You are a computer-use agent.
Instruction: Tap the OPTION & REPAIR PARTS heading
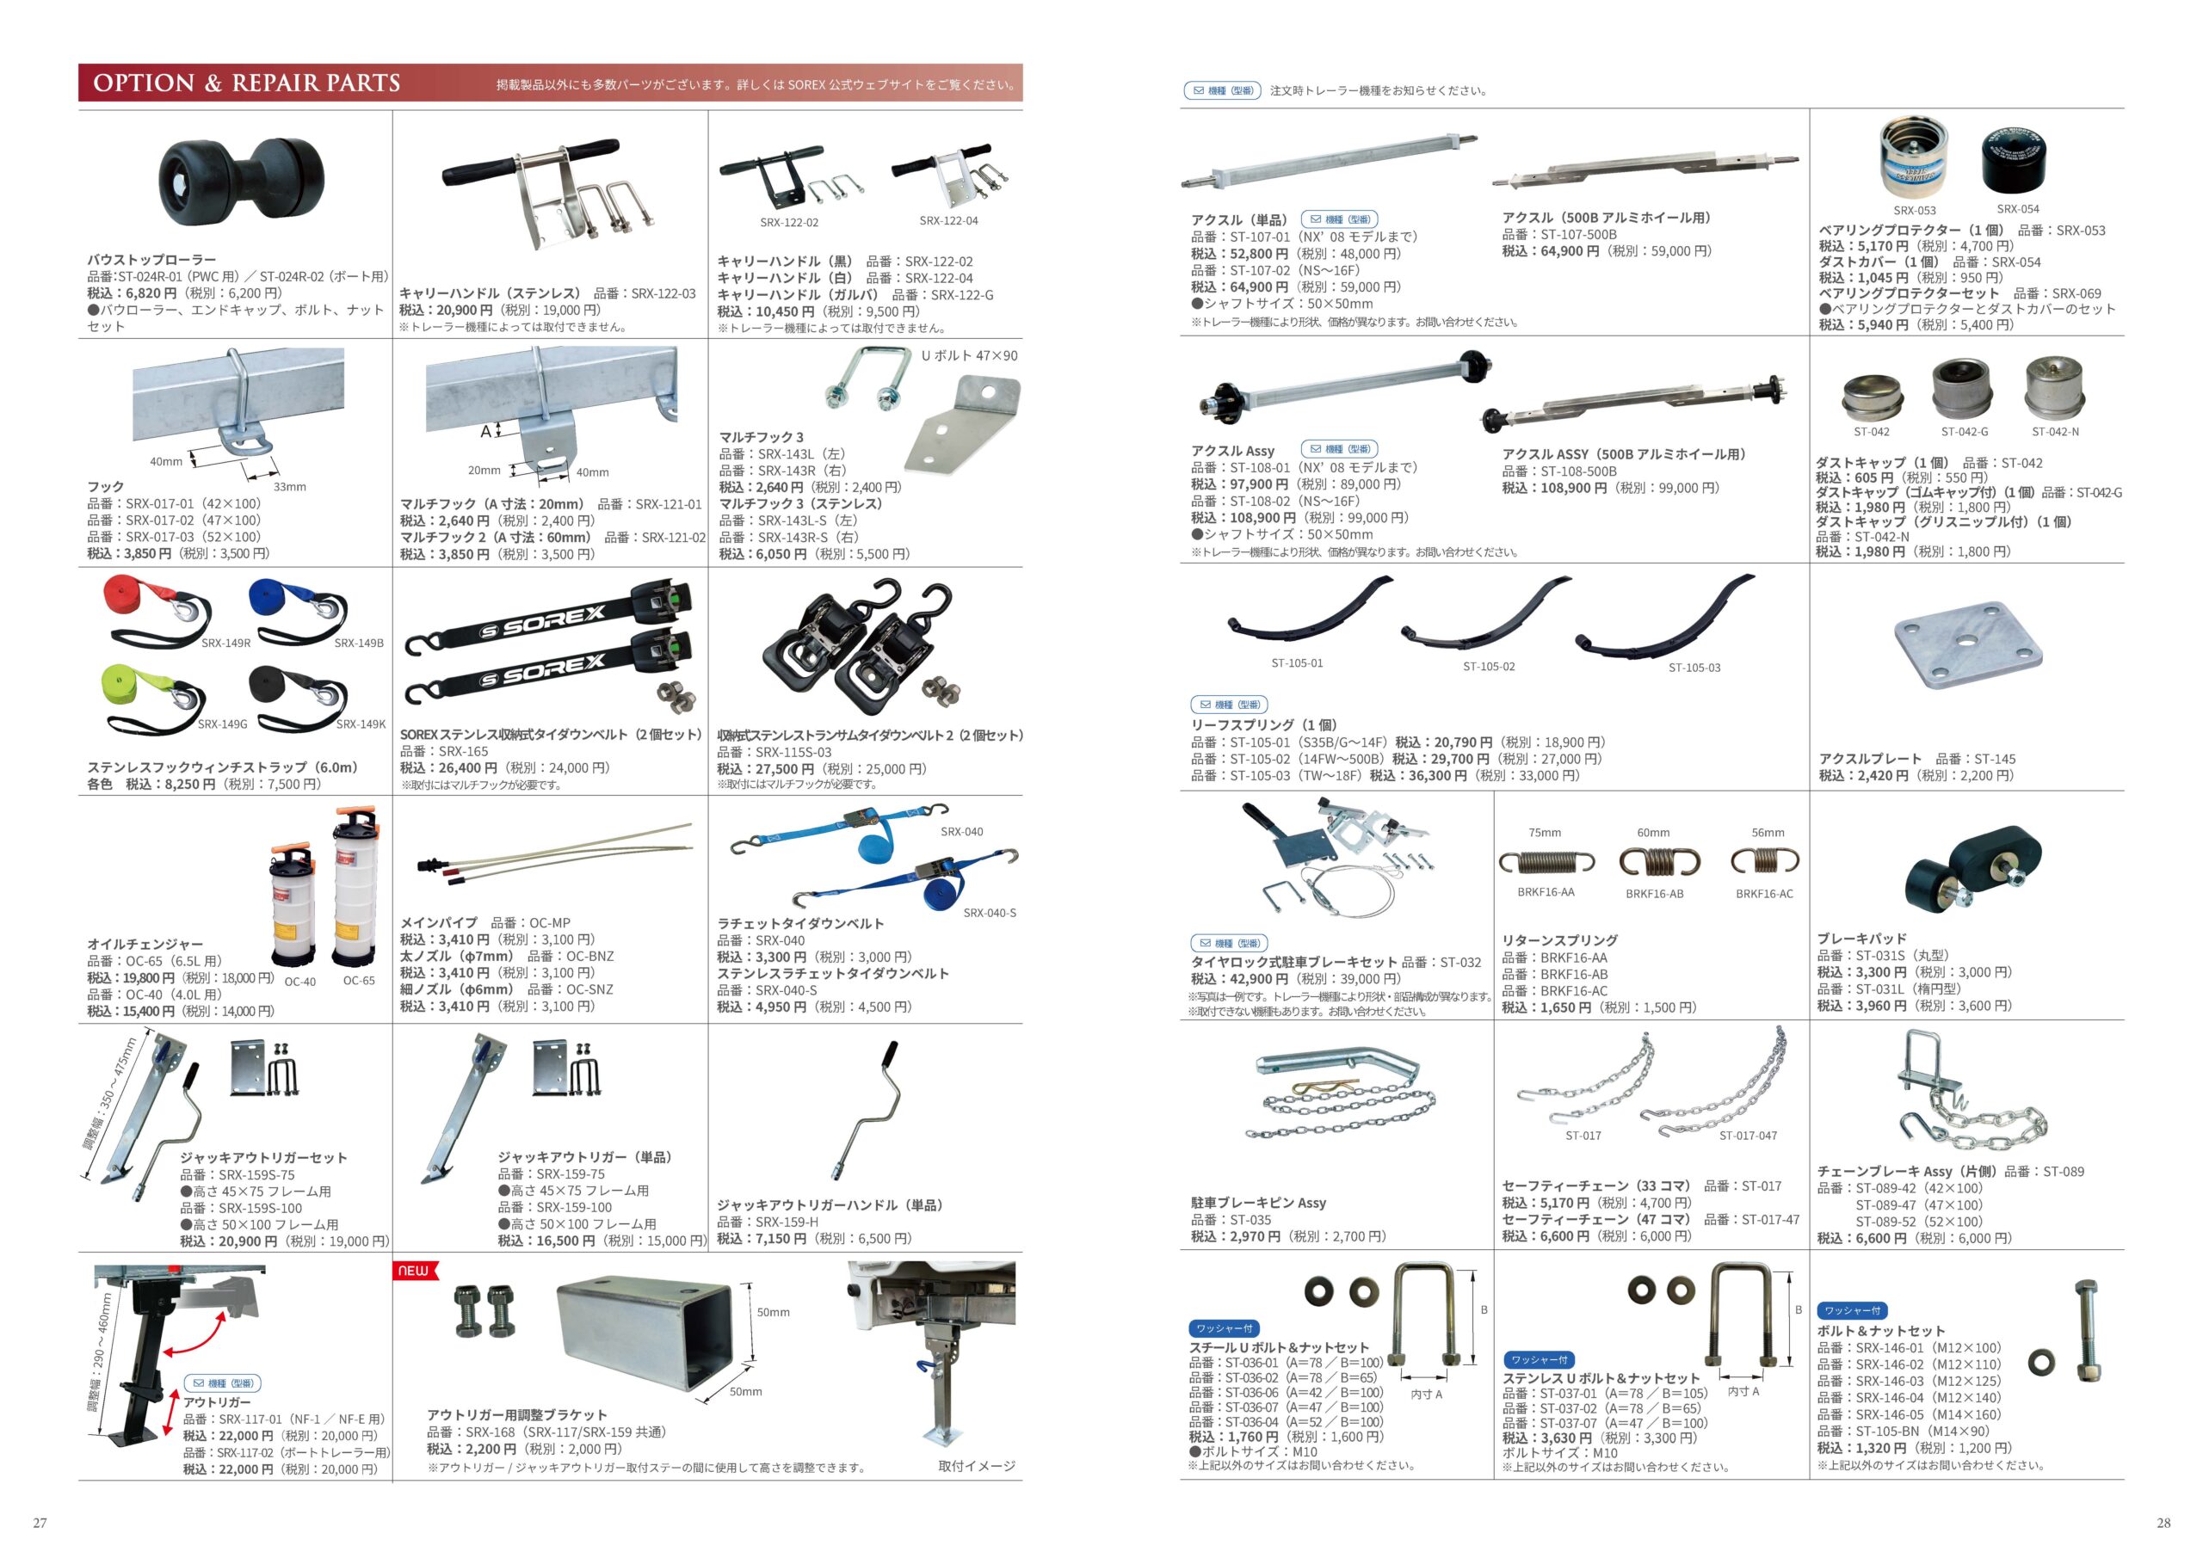[247, 83]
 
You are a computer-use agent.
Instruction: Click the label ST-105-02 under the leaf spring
[1488, 667]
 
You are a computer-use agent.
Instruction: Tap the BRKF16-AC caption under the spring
[1763, 893]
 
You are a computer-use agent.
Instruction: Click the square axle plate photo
[1968, 648]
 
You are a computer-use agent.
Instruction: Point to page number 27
[40, 1523]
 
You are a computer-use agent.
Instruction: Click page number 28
[2163, 1523]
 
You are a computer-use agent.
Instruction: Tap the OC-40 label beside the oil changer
[300, 982]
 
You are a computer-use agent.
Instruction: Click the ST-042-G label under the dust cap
[1965, 432]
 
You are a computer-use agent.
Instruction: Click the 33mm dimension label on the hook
[290, 486]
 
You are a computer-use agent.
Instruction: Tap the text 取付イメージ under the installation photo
[977, 1466]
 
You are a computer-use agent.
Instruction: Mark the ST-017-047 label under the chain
[1748, 1136]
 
